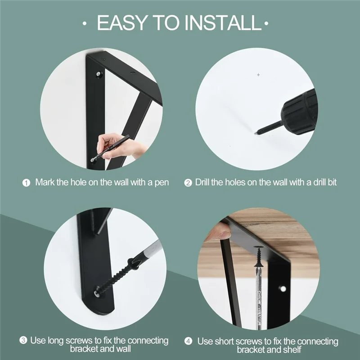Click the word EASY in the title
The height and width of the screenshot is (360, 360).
122,23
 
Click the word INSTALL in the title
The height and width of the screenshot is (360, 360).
223,23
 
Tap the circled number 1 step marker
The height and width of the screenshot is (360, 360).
26,183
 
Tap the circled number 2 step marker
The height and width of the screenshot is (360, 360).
188,183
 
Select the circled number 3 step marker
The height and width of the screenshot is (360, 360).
23,340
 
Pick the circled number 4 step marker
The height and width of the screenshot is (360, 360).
188,341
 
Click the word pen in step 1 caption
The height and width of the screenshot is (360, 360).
162,183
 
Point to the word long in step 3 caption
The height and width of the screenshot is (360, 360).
55,341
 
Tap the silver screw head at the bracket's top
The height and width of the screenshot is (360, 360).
99,74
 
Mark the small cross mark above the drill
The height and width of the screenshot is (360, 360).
258,75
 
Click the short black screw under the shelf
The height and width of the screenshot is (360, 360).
259,256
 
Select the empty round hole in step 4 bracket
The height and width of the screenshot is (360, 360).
283,288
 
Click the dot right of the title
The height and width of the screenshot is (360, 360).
266,23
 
